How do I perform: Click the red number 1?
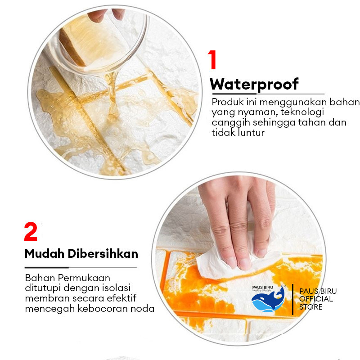coord(212,60)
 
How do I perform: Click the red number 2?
coord(31,231)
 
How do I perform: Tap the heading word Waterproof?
coord(254,84)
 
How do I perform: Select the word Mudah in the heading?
coord(44,254)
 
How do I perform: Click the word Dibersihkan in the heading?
coord(103,254)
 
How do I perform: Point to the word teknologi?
coord(302,112)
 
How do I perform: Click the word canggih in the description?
coord(230,123)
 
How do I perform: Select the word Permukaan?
coord(84,278)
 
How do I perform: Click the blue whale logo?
coord(268,300)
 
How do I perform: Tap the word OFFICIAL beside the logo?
coord(316,299)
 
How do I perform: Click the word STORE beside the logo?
coord(310,307)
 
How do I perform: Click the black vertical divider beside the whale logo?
coord(292,299)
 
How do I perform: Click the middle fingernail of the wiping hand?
coord(245,264)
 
